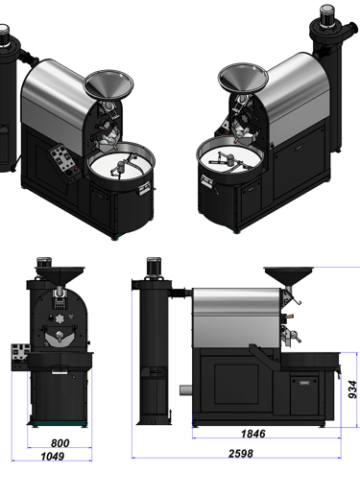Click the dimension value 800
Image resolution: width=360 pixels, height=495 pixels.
(60, 443)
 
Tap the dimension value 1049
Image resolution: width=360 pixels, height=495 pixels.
(53, 457)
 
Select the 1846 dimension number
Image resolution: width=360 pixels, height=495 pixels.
(252, 434)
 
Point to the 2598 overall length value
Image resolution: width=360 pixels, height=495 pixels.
(241, 454)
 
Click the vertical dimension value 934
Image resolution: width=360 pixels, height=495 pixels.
(352, 389)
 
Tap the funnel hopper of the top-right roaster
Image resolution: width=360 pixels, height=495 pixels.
(243, 78)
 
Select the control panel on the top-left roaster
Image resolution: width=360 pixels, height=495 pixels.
(64, 161)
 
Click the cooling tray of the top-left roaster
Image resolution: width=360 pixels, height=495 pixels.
(121, 164)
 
